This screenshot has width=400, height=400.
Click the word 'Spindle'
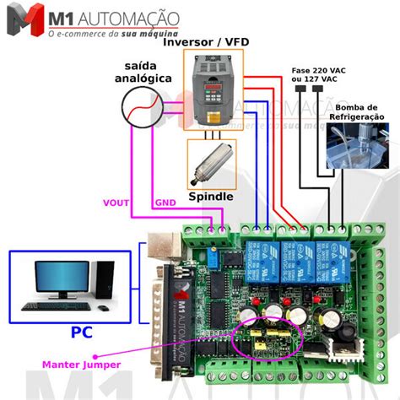click(211, 197)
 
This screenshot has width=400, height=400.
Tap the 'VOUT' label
click(116, 203)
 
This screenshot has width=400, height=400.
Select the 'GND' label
click(165, 203)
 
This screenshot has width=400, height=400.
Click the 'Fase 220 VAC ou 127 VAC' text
click(318, 74)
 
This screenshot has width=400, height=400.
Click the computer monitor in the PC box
click(61, 278)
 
